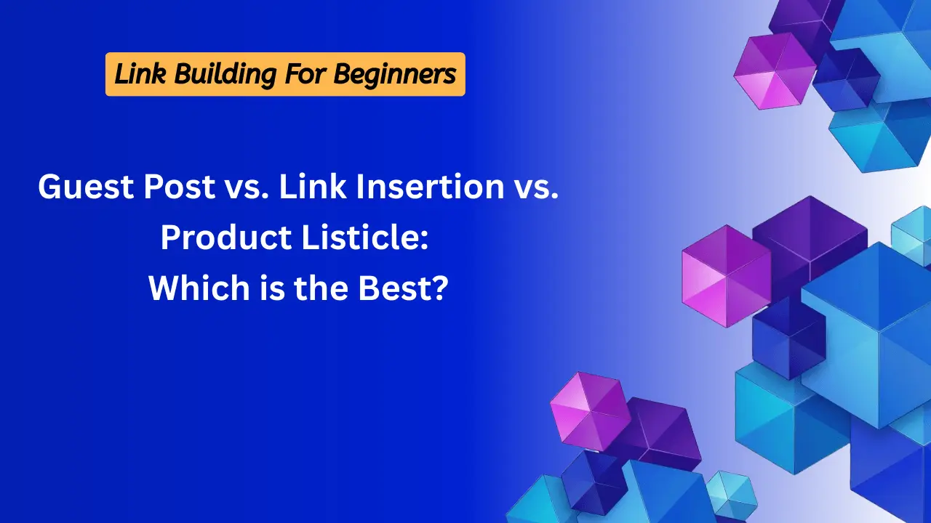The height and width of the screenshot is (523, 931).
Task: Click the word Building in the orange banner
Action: pyautogui.click(x=225, y=75)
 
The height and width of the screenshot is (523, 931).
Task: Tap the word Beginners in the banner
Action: pyautogui.click(x=395, y=75)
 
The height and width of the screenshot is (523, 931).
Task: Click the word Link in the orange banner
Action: pyautogui.click(x=140, y=73)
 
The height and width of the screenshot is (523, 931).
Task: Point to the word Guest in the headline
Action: pyautogui.click(x=86, y=187)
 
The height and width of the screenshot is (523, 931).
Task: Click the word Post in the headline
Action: pyautogui.click(x=180, y=187)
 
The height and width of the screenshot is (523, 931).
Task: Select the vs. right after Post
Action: pyautogui.click(x=247, y=190)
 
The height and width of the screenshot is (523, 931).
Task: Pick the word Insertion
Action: pyautogui.click(x=430, y=187)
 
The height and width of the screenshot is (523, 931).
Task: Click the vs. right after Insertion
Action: pyautogui.click(x=537, y=190)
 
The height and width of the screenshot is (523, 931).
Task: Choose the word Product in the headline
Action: pyautogui.click(x=226, y=238)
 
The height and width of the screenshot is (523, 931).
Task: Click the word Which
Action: pyautogui.click(x=199, y=288)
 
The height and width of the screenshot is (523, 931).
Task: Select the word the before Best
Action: pyautogui.click(x=321, y=288)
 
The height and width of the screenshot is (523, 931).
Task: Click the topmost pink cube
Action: pyautogui.click(x=775, y=71)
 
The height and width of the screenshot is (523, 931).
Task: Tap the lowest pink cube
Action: pyautogui.click(x=591, y=411)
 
